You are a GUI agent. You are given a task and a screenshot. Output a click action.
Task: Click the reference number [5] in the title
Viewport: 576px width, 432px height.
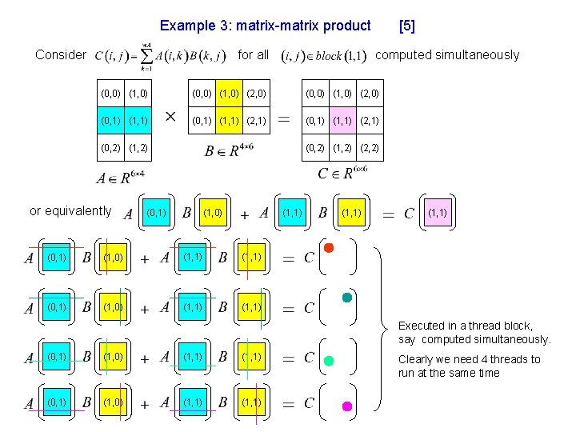tap(406, 26)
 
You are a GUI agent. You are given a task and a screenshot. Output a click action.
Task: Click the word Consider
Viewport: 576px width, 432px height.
tap(61, 55)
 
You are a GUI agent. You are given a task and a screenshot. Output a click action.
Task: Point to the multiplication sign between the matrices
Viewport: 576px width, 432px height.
tap(170, 118)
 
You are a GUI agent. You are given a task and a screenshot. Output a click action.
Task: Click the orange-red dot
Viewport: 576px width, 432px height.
tap(328, 248)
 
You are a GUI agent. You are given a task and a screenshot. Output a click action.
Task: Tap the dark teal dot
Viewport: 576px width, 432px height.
tap(346, 298)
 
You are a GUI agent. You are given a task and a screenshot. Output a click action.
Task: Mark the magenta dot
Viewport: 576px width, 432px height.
tap(346, 407)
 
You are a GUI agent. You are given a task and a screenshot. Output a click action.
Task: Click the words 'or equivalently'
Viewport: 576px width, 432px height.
tap(70, 211)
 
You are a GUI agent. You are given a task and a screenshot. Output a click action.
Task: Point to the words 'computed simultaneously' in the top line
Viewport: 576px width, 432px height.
tap(447, 55)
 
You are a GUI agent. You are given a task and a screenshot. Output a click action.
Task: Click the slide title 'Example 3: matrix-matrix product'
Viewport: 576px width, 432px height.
tap(266, 26)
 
